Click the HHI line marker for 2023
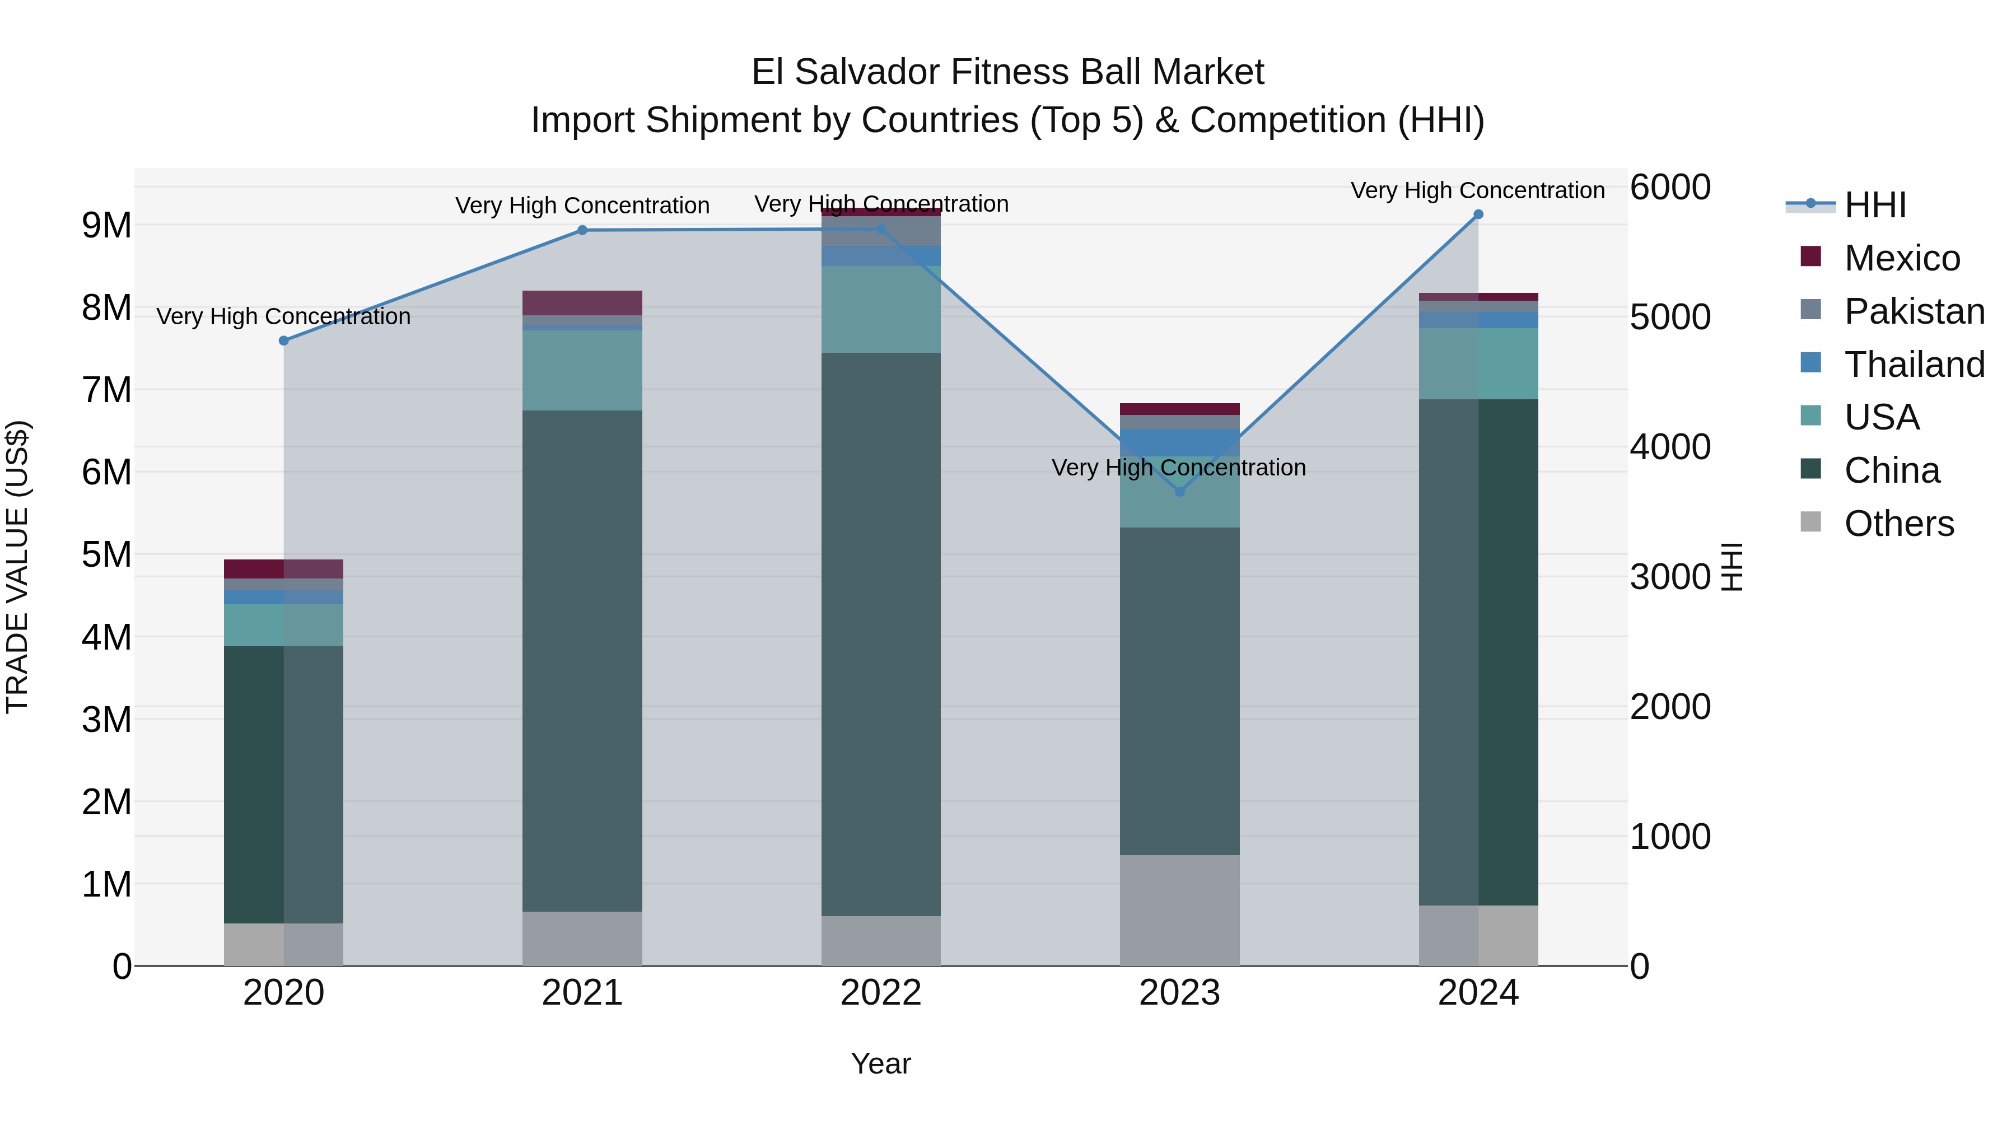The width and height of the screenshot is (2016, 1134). point(1179,492)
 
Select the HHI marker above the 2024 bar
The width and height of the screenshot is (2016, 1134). point(1478,214)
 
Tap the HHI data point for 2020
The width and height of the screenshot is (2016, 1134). point(284,340)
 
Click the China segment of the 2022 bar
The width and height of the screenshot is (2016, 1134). point(880,634)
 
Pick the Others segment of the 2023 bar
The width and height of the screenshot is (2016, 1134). point(1179,909)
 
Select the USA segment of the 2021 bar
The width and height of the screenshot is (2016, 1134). point(582,370)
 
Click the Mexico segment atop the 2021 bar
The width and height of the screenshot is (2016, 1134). point(582,303)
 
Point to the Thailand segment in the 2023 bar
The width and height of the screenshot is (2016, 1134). point(1179,442)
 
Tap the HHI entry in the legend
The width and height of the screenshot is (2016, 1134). point(1875,205)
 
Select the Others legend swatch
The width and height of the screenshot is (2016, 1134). point(1810,522)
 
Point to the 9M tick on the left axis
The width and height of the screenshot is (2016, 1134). point(107,225)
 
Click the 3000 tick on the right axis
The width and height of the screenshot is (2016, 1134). point(1669,577)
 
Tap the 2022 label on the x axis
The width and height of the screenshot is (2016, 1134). point(880,993)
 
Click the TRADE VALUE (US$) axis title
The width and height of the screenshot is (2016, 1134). point(17,567)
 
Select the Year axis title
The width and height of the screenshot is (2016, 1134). point(880,1063)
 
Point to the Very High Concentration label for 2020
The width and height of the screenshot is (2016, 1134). point(283,317)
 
